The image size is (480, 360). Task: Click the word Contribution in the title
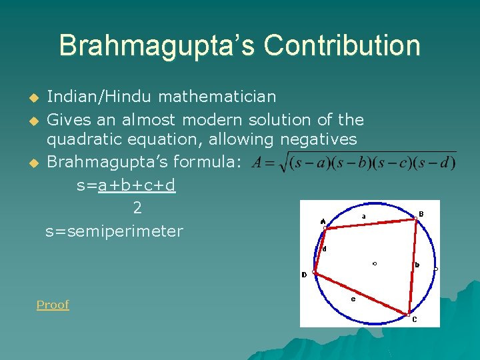(342, 45)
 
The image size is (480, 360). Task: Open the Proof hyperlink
(53, 305)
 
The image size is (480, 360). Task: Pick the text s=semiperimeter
(114, 231)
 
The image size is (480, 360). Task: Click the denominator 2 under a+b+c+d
(137, 208)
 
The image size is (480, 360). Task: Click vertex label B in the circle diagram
(421, 214)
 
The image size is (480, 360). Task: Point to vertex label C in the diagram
(414, 319)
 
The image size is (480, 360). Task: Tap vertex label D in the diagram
(304, 275)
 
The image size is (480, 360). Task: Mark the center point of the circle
(375, 263)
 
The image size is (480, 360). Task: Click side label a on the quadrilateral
(363, 217)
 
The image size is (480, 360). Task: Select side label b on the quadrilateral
(417, 265)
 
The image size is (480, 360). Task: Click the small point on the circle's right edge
(436, 269)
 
